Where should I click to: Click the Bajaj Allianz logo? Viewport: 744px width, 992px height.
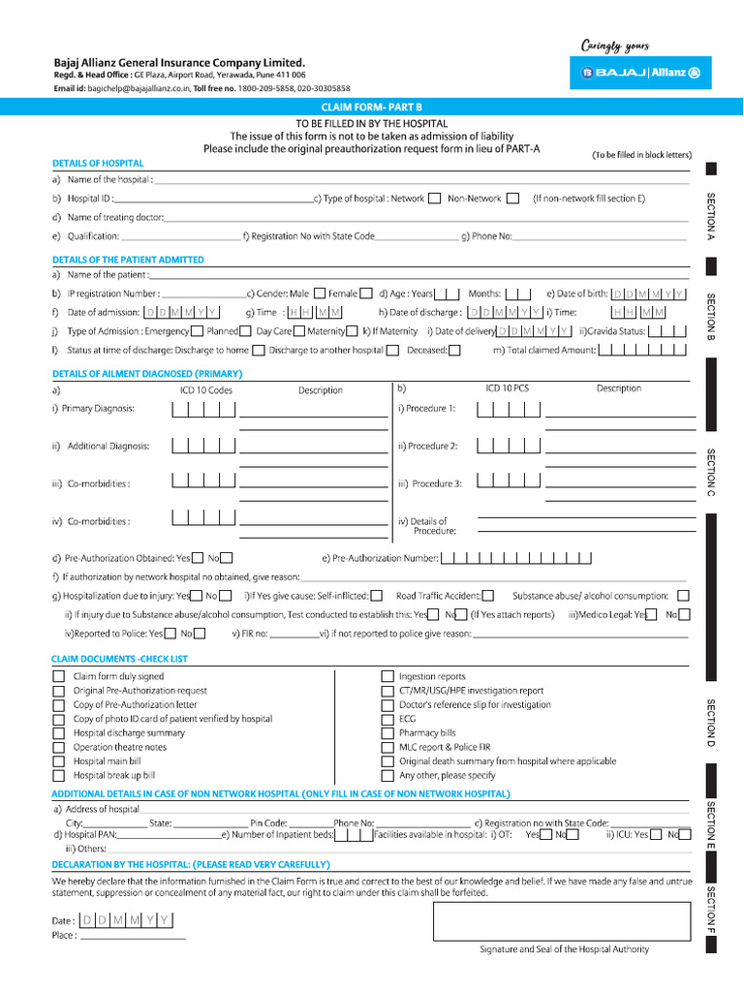(640, 73)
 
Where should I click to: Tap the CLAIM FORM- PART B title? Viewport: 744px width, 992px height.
(371, 107)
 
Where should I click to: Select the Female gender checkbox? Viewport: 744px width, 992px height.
(366, 294)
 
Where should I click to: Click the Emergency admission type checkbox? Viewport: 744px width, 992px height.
(199, 331)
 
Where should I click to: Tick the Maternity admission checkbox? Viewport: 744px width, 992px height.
(354, 331)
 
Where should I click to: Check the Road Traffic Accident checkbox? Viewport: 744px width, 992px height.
(487, 596)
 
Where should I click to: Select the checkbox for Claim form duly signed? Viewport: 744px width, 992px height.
(59, 676)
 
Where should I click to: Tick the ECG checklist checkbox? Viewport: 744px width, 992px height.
(387, 720)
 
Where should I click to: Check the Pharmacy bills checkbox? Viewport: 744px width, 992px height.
(387, 733)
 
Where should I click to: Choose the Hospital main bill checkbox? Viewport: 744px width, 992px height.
(59, 762)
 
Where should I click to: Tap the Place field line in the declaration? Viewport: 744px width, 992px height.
(132, 937)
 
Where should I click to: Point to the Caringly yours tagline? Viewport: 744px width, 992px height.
(614, 46)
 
